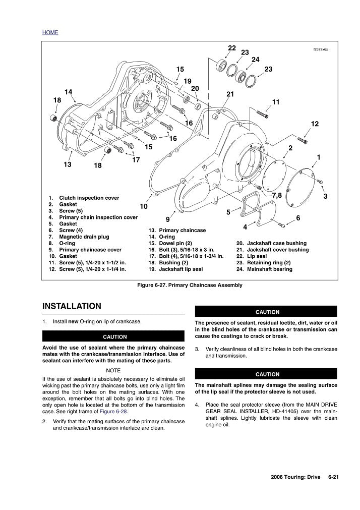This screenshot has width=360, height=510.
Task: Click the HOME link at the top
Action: point(50,32)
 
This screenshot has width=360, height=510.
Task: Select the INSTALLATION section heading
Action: point(72,306)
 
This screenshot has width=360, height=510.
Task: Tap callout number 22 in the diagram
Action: point(232,48)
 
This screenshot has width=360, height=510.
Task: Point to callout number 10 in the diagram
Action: point(144,206)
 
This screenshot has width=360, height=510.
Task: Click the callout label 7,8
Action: point(276,195)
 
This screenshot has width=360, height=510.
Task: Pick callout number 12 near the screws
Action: point(315,124)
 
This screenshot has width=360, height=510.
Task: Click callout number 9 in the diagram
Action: point(168,219)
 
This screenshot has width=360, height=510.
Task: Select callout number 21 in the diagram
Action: point(230,94)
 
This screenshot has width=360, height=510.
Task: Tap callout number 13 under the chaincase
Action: point(68,164)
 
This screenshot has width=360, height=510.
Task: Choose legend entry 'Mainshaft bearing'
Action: point(269,269)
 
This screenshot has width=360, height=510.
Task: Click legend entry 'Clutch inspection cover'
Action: point(89,198)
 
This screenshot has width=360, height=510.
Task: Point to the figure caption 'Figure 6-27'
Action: point(190,285)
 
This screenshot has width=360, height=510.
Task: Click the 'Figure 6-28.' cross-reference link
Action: point(114,412)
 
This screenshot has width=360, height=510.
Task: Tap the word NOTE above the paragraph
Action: point(113,370)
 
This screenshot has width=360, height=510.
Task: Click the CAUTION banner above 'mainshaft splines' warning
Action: point(267,374)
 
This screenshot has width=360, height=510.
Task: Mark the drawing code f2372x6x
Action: point(321,49)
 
